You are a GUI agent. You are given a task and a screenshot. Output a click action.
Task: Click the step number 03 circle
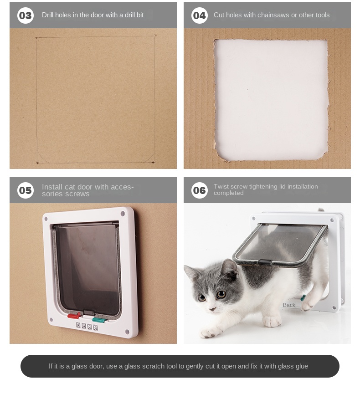(x=26, y=15)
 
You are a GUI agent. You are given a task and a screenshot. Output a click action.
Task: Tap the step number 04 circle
(x=199, y=15)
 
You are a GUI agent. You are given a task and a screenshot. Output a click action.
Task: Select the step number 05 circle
(x=26, y=190)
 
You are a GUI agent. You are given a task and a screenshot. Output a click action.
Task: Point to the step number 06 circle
(x=199, y=190)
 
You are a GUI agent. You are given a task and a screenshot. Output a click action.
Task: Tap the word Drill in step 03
(x=47, y=15)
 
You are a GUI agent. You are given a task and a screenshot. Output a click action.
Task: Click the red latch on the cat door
(x=74, y=316)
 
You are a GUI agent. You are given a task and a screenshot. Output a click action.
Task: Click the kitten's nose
(x=211, y=309)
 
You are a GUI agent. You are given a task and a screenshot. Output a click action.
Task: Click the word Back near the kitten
(x=289, y=305)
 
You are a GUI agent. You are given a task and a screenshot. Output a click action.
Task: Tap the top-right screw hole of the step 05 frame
(x=123, y=213)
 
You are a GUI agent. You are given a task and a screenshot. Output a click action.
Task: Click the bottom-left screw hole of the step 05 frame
(x=51, y=320)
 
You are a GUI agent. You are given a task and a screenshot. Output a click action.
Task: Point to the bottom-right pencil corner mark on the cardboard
(x=153, y=162)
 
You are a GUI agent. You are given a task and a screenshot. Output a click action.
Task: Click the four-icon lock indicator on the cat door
(x=87, y=326)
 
